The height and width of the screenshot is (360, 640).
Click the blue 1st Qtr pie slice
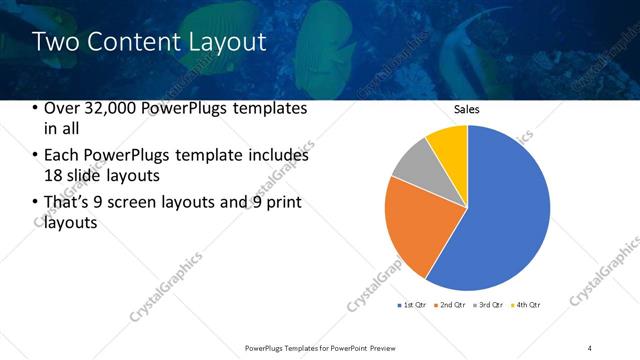[x=500, y=210]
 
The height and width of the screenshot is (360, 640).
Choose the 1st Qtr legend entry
[x=414, y=304]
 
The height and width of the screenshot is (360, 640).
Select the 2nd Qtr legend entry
[x=452, y=304]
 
